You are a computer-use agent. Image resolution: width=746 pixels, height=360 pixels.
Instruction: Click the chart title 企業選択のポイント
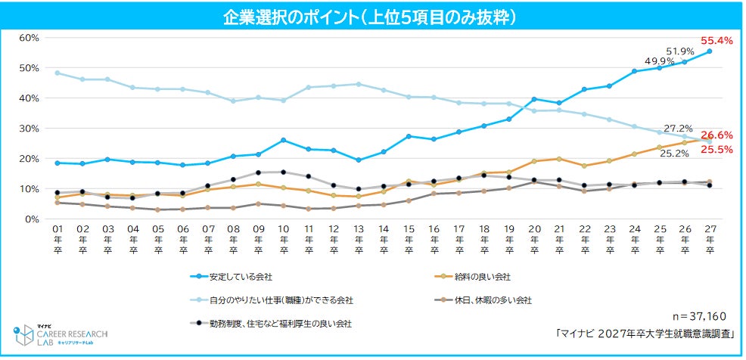pyautogui.click(x=371, y=16)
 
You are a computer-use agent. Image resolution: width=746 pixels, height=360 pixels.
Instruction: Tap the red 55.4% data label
pyautogui.click(x=716, y=41)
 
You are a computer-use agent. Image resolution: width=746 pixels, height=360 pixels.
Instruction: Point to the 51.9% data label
pyautogui.click(x=680, y=51)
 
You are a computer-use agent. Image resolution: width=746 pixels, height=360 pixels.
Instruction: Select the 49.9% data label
pyautogui.click(x=657, y=61)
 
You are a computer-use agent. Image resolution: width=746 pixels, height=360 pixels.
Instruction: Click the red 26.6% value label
pyautogui.click(x=716, y=135)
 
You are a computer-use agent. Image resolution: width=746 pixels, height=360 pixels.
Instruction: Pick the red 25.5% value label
pyautogui.click(x=716, y=150)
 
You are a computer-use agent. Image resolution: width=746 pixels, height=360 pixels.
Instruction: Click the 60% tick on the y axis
pyautogui.click(x=28, y=38)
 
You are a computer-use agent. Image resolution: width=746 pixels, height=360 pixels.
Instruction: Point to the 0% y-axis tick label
pyautogui.click(x=31, y=219)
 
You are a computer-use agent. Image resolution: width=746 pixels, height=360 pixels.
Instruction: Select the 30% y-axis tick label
pyautogui.click(x=28, y=129)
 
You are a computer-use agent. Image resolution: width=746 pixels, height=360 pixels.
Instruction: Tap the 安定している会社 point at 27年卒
pyautogui.click(x=709, y=51)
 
